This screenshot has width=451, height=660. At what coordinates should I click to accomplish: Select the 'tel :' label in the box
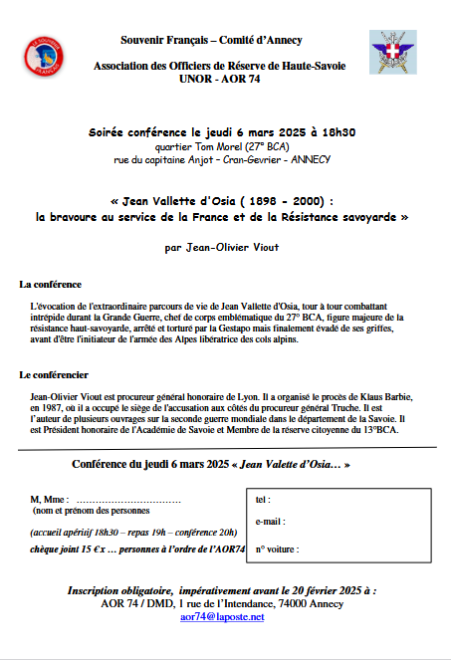click(263, 499)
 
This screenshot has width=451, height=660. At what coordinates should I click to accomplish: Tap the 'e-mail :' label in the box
click(270, 521)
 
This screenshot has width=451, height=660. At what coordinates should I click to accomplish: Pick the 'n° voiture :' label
click(277, 549)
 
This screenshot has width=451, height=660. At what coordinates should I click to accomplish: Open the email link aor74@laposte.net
click(222, 617)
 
